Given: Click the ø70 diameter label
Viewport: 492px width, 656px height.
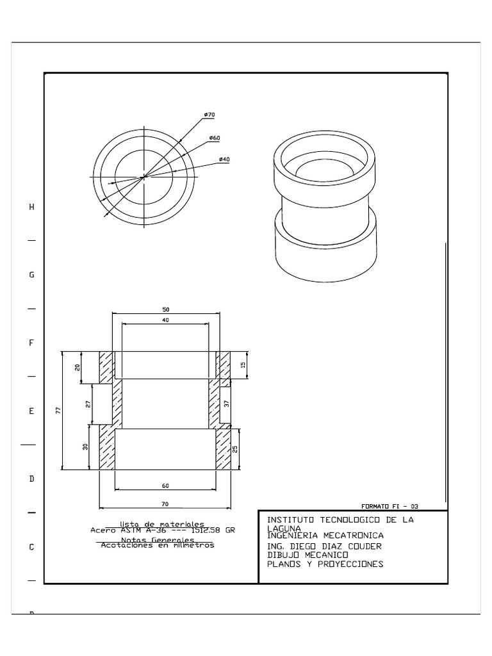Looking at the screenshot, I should click(209, 115).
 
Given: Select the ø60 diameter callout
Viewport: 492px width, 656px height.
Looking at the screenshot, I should click(215, 138).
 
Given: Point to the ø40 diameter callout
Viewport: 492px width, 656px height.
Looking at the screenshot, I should click(224, 159).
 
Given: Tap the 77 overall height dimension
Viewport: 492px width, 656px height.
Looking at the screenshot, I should click(57, 411).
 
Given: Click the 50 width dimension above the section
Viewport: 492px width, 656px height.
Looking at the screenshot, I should click(166, 309).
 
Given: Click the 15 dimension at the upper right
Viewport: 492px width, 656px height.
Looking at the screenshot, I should click(243, 365).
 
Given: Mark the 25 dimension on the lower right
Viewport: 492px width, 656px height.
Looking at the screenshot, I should click(235, 449).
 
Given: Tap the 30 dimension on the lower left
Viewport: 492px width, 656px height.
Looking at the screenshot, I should click(85, 447).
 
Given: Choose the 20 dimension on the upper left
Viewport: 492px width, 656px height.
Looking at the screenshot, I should click(78, 368).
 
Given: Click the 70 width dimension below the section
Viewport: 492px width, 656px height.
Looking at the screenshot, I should click(165, 504).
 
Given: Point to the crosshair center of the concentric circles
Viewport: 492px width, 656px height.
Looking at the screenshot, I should click(144, 177).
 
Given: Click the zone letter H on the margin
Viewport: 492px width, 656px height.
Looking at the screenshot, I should click(31, 207).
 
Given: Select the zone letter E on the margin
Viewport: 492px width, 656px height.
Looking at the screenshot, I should click(31, 411).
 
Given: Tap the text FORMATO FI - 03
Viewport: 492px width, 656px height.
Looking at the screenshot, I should click(389, 505).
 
